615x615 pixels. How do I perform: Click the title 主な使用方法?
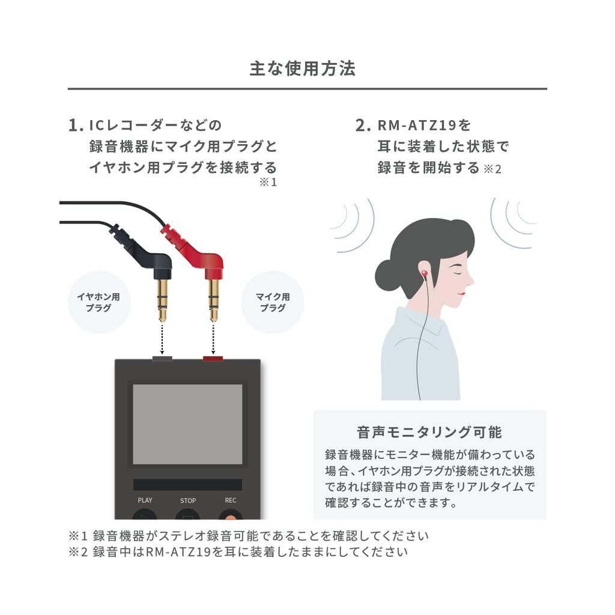tap(303, 68)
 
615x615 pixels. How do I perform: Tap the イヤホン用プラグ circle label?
tap(98, 302)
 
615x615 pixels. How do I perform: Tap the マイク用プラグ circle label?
tap(273, 302)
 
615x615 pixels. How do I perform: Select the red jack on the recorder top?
tap(213, 359)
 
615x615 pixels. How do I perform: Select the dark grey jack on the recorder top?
tap(162, 359)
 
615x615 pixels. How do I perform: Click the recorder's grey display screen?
tap(187, 424)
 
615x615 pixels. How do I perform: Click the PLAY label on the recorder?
tap(145, 500)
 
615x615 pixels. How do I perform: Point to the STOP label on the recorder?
tap(188, 500)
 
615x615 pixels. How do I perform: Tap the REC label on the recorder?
tap(231, 500)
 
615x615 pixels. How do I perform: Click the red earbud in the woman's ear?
tap(424, 274)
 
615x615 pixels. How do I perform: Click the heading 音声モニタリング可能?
tap(429, 432)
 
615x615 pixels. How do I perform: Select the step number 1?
tap(74, 126)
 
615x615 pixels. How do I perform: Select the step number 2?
tap(362, 126)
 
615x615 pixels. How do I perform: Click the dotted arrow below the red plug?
tap(213, 339)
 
